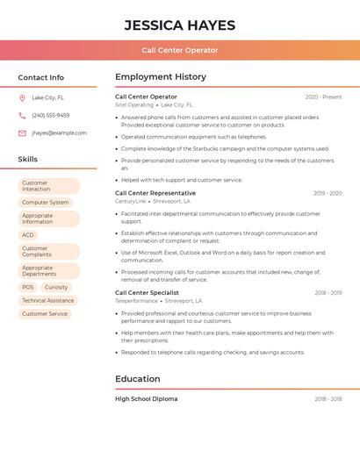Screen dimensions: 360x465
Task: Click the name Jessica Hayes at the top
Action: tap(179, 24)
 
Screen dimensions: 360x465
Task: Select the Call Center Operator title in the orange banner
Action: tap(179, 50)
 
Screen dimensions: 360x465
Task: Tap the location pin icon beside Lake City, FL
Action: tap(22, 97)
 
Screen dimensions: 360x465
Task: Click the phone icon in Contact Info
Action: tap(22, 115)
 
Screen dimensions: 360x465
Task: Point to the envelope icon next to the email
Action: tap(22, 132)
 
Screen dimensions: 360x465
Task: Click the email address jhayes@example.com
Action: tap(59, 132)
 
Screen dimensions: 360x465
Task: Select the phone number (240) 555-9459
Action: tap(51, 115)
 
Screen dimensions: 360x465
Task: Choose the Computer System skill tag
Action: tap(46, 202)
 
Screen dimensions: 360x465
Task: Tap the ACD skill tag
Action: tap(28, 234)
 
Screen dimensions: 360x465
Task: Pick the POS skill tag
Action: tap(28, 287)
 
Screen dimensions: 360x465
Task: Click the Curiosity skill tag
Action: tap(56, 287)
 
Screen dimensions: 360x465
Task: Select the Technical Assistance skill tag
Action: tap(47, 300)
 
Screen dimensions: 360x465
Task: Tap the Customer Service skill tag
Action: tap(45, 313)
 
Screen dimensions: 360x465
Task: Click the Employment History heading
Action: tap(160, 77)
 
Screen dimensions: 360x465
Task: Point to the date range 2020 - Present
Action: tap(323, 97)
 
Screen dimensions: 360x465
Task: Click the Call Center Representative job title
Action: tap(155, 193)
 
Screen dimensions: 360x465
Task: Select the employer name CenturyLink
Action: tap(131, 201)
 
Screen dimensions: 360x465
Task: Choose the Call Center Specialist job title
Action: tap(147, 292)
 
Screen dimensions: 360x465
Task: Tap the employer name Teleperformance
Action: tap(136, 301)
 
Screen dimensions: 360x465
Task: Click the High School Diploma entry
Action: tap(146, 398)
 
